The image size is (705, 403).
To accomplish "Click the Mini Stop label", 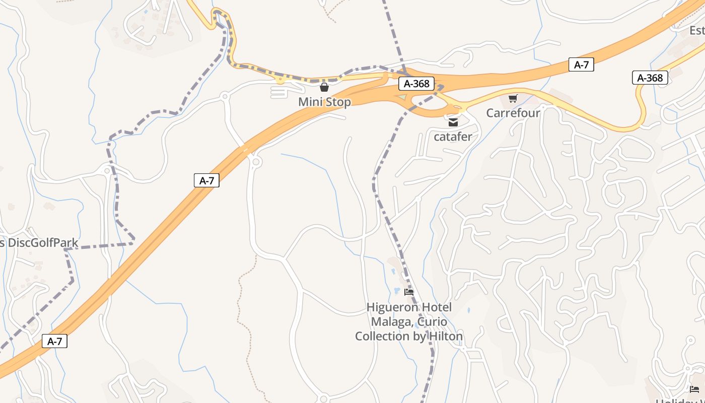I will [324, 102].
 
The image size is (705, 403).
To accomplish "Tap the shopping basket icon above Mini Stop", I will [324, 87].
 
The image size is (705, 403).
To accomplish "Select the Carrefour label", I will [513, 113].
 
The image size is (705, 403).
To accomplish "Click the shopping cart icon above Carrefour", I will [513, 98].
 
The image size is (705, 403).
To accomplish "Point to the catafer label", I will [453, 136].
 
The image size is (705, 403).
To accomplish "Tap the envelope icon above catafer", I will [453, 122].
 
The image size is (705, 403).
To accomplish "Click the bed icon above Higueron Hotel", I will [409, 292].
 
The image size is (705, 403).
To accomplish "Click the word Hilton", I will [446, 336].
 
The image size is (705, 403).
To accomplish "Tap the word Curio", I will [431, 322].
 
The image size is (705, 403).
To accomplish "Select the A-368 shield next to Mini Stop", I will [416, 84].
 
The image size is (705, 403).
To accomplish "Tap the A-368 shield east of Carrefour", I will [650, 78].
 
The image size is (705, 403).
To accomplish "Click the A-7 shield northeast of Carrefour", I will [581, 64].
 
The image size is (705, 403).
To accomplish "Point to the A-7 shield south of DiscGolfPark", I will [54, 341].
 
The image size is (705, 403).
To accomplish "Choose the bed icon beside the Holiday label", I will [694, 389].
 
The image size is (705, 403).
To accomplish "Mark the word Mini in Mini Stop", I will [310, 102].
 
